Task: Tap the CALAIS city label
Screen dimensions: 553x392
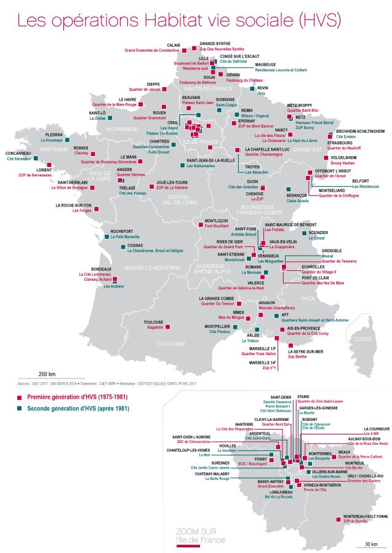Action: (x=174, y=45)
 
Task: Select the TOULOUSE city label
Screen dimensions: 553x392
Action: (x=153, y=322)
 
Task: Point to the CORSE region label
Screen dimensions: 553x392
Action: (x=364, y=339)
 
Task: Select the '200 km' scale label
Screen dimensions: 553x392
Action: (x=47, y=374)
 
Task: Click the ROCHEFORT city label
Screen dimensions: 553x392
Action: (x=122, y=231)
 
